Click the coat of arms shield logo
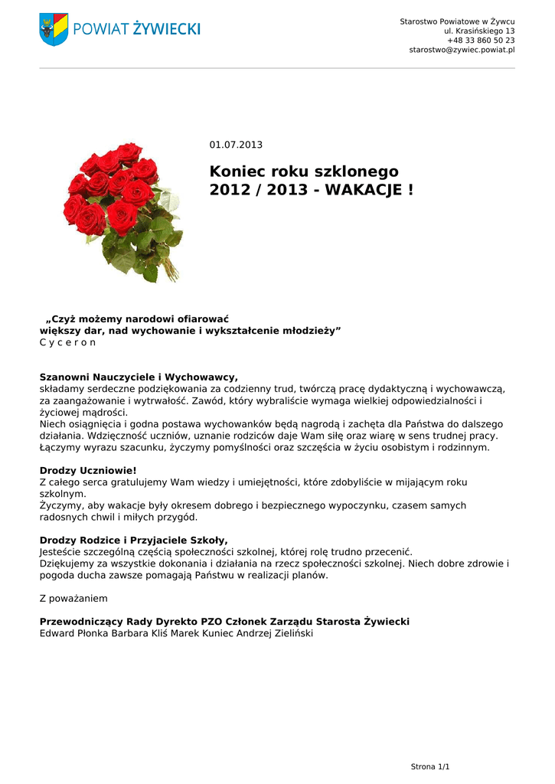[54, 29]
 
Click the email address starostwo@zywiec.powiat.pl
[462, 50]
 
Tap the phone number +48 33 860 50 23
[481, 40]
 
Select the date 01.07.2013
[236, 145]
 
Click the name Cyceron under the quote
[67, 342]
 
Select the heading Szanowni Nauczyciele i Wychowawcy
[139, 377]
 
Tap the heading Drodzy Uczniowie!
[88, 470]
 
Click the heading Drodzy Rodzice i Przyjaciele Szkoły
[133, 540]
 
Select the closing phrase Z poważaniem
[73, 598]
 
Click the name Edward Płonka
[74, 634]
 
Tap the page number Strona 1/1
[430, 766]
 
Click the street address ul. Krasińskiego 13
[479, 31]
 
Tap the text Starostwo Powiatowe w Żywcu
[457, 21]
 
